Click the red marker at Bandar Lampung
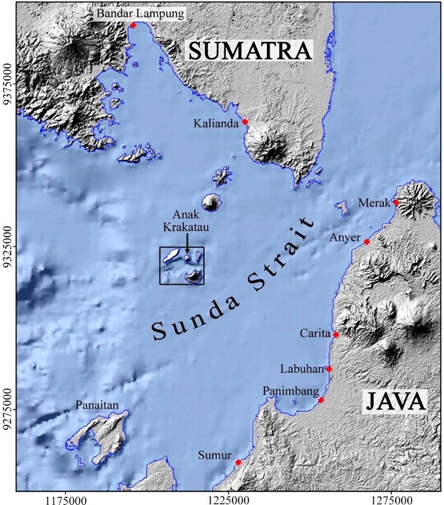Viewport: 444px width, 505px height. (133, 25)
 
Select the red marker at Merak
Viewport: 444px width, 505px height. (396, 202)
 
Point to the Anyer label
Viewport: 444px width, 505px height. (344, 238)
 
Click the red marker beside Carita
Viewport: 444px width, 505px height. (336, 335)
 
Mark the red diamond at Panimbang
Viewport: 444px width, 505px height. (321, 400)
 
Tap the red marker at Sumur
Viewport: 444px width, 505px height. (238, 462)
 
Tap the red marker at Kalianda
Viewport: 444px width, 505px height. (245, 122)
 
